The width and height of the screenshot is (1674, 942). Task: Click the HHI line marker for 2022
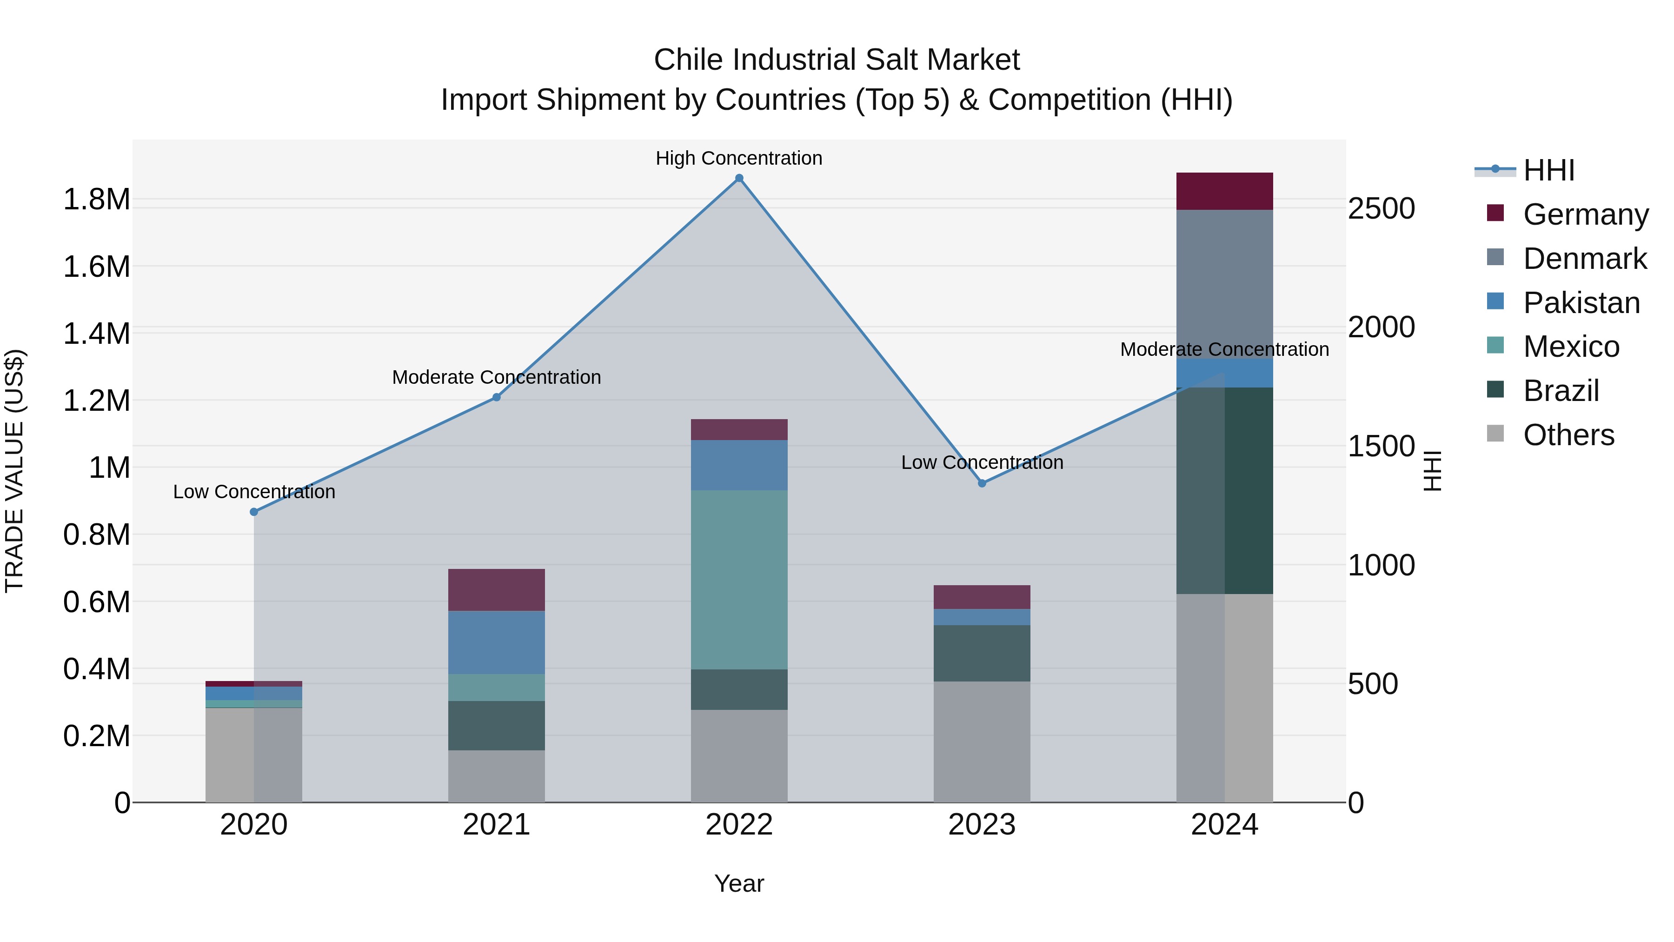pos(739,178)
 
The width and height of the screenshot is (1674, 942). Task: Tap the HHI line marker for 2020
pos(254,512)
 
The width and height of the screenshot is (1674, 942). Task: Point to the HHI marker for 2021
pos(497,397)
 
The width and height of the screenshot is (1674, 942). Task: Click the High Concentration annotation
pos(739,159)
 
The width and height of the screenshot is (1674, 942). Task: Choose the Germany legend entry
pos(1585,214)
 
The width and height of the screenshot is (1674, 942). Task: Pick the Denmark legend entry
pos(1584,259)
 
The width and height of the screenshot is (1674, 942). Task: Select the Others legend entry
pos(1568,435)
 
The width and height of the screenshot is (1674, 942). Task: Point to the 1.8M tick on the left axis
pos(97,200)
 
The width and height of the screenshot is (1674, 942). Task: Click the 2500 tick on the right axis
pos(1381,209)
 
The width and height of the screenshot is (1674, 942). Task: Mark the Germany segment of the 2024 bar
pos(1224,191)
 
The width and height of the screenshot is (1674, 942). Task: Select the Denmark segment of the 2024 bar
pos(1224,284)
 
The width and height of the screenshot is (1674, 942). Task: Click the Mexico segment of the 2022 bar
pos(739,580)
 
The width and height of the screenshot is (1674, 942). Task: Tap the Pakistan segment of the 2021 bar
pos(497,642)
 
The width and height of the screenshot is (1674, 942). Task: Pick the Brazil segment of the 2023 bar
pos(982,654)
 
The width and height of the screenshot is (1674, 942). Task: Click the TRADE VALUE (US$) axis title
pos(15,471)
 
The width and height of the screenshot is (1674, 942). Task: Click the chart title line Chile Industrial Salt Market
pos(837,60)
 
